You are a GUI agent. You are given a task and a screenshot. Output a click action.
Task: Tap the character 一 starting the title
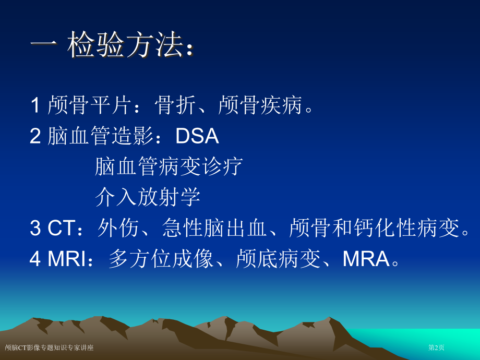[x=44, y=46]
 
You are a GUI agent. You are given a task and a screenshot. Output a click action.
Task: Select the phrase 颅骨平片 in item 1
[x=89, y=105]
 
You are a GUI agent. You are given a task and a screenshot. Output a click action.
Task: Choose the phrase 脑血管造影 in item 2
[x=100, y=136]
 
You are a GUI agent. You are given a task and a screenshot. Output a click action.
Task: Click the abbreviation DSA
[x=197, y=136]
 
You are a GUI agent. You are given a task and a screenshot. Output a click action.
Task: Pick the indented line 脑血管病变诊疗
[x=169, y=166]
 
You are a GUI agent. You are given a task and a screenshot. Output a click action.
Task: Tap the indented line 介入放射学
[x=148, y=197]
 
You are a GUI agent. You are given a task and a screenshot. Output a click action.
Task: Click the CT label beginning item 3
[x=61, y=228]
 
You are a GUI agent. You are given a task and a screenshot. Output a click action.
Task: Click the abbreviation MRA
[x=366, y=259]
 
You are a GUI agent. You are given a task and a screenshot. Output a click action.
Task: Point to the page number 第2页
[x=436, y=347]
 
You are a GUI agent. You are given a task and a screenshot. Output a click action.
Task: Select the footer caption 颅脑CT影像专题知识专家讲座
[x=49, y=347]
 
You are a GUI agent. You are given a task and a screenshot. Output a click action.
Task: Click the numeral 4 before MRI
[x=35, y=259]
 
